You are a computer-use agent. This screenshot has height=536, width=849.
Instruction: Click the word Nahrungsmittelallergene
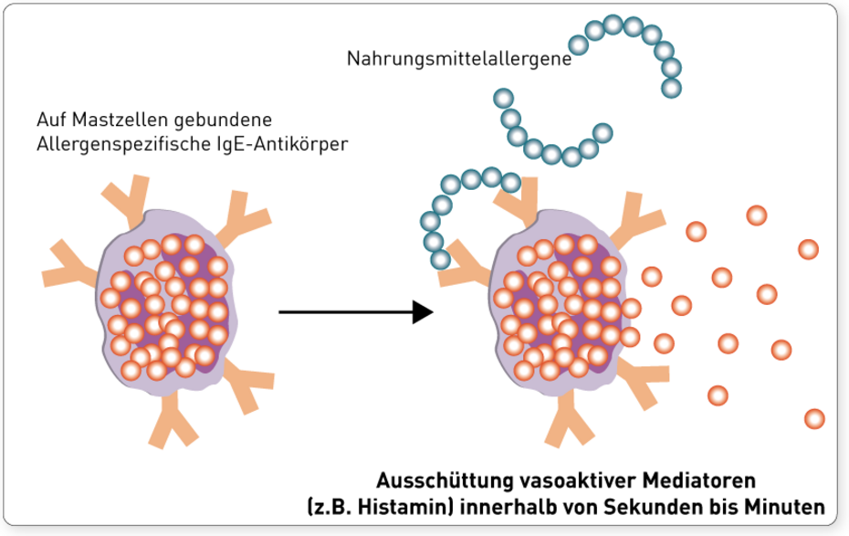click(x=458, y=59)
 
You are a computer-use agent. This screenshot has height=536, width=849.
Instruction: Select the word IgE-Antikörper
click(x=293, y=143)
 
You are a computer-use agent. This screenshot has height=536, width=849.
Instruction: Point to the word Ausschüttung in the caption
click(x=433, y=479)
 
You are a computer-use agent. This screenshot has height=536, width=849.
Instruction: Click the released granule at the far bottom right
click(x=813, y=418)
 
